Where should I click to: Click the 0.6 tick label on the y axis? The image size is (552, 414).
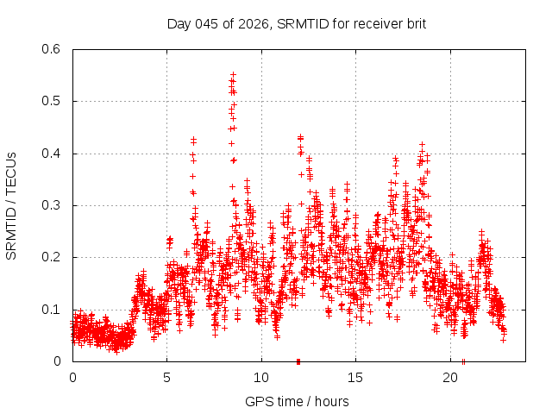tap(53, 49)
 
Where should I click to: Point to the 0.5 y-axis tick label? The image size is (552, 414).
tap(53, 102)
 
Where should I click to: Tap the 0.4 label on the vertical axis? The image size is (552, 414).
tap(53, 154)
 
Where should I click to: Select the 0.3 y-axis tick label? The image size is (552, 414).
tap(53, 205)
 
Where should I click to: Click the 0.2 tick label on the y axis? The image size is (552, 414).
tap(53, 257)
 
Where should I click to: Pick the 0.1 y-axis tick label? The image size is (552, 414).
tap(53, 309)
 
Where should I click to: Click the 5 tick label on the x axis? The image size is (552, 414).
tap(167, 378)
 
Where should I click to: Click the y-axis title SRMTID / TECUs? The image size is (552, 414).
tap(11, 205)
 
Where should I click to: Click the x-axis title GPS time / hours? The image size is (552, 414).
tap(297, 401)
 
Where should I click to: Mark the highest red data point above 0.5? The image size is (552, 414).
tap(233, 74)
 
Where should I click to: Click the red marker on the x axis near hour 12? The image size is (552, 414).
tap(298, 361)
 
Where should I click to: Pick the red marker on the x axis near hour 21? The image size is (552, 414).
tap(464, 361)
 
